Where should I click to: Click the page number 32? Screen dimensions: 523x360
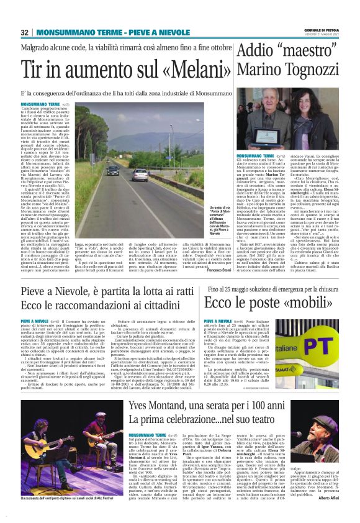tap(25, 32)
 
